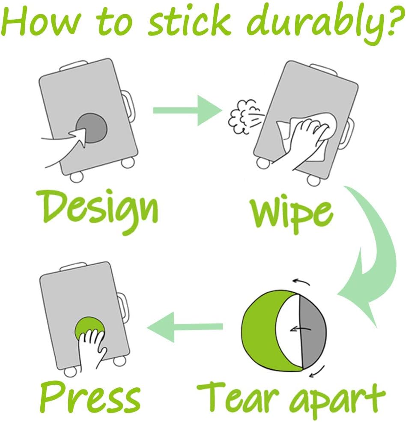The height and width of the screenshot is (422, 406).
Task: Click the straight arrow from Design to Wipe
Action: [188, 110]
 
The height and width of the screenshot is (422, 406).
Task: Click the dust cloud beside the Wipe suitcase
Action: [244, 116]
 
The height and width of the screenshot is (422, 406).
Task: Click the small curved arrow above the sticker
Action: [302, 282]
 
